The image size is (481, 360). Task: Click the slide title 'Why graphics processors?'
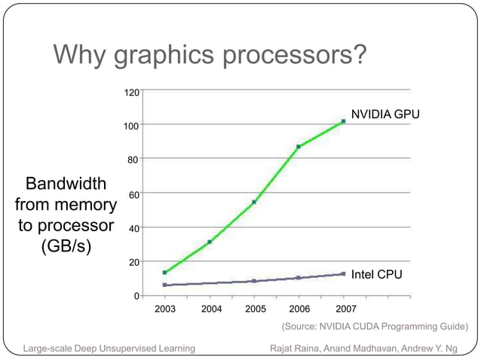point(210,55)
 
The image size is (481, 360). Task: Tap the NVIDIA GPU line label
point(385,114)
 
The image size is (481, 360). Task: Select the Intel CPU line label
point(376,274)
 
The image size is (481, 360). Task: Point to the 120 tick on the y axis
point(131,93)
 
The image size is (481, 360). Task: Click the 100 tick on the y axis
point(131,126)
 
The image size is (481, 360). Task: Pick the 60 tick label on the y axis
point(133,194)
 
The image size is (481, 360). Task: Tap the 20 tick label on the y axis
point(133,263)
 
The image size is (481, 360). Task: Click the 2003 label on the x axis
point(165,309)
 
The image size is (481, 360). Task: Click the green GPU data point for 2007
point(343,121)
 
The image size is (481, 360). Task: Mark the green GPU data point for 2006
point(299,146)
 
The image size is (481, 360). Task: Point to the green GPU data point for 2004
point(210,242)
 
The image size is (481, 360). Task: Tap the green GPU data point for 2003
point(165,273)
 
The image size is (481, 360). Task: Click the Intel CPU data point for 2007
point(343,274)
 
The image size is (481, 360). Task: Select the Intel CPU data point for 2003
point(165,285)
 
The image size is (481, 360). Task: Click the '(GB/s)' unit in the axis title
point(66,246)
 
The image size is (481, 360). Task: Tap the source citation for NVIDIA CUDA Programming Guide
point(374,326)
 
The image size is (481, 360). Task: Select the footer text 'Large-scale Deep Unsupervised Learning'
point(109,348)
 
